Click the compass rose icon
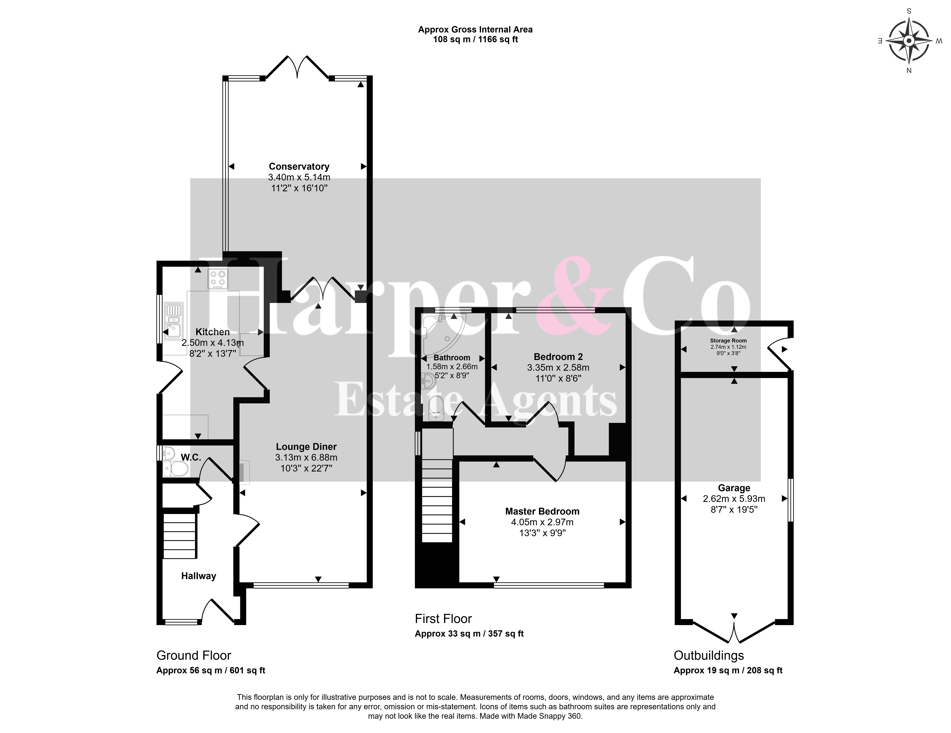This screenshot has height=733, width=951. click(x=909, y=40)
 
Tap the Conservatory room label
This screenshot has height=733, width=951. click(x=299, y=166)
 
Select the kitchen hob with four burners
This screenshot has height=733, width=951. click(x=218, y=279)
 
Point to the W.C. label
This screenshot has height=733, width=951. click(x=191, y=457)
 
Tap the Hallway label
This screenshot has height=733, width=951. click(x=198, y=576)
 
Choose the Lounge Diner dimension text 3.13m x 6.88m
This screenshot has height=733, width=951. click(x=306, y=457)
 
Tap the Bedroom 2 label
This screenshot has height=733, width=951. click(x=558, y=357)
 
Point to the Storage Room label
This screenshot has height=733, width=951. click(x=728, y=341)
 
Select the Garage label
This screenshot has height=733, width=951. click(x=734, y=488)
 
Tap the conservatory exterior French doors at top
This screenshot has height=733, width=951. click(x=297, y=67)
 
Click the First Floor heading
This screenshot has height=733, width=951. click(x=443, y=619)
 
